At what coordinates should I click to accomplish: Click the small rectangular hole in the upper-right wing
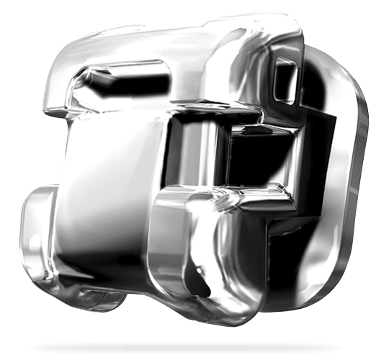point(285,78)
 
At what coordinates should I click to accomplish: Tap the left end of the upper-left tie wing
point(52,94)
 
